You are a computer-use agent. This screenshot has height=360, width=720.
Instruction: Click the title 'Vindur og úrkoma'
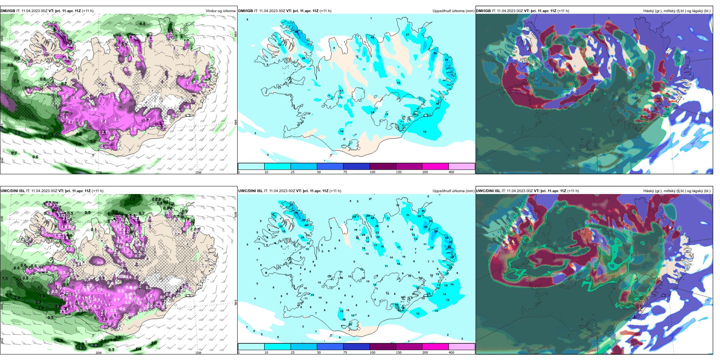220,11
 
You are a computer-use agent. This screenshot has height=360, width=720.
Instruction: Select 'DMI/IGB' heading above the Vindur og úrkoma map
8,11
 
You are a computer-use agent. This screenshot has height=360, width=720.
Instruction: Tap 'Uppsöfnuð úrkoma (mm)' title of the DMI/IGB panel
453,11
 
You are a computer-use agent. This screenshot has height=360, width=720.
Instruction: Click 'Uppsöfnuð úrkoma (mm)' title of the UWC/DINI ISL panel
453,191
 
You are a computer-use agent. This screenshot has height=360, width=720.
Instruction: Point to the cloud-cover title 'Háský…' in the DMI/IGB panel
677,11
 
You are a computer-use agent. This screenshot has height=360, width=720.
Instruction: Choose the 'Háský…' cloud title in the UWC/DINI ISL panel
677,191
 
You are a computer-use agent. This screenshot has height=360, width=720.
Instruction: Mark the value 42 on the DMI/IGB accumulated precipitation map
372,38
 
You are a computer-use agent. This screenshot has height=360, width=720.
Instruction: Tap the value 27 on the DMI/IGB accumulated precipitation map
407,35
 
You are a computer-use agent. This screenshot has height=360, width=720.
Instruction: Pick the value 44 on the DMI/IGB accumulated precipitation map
446,59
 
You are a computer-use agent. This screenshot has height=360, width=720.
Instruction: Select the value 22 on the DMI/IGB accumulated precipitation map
280,45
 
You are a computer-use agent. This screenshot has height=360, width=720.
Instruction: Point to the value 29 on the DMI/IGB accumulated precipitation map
304,58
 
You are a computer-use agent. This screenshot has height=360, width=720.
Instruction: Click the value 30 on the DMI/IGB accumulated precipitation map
437,103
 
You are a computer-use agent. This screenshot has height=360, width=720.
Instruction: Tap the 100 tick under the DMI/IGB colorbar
373,172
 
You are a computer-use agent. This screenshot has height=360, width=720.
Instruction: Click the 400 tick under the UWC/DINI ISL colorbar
451,352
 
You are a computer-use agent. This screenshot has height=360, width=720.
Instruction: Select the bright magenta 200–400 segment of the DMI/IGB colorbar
435,166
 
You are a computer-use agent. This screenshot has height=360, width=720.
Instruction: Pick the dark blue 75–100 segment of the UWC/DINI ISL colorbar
356,347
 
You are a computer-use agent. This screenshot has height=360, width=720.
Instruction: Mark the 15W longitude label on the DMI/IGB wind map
198,172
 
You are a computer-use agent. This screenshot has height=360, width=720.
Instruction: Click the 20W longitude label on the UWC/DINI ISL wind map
99,353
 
